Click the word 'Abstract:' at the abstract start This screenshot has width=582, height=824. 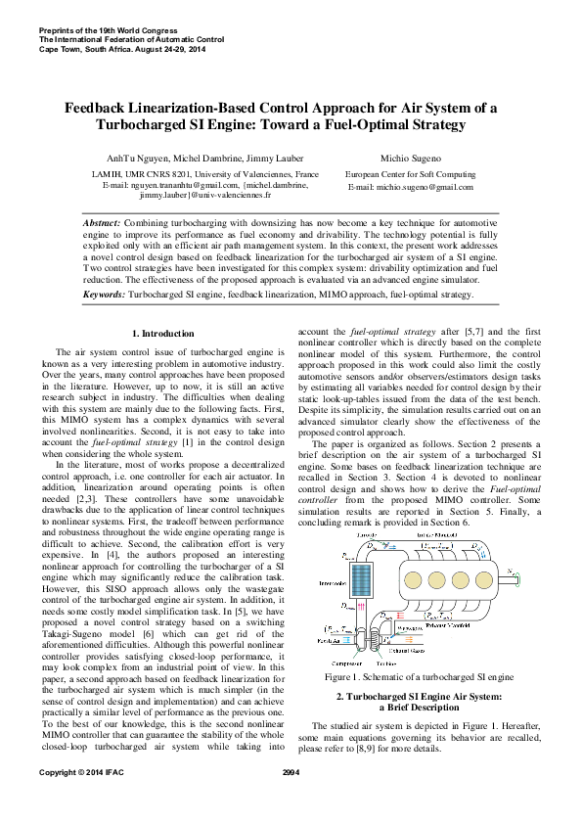click(x=104, y=224)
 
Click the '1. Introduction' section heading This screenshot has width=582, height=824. click(x=163, y=335)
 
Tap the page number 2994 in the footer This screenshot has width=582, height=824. click(x=290, y=801)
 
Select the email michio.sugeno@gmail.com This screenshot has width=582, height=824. click(x=412, y=186)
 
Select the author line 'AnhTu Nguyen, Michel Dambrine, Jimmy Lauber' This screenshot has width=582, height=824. click(x=190, y=158)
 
